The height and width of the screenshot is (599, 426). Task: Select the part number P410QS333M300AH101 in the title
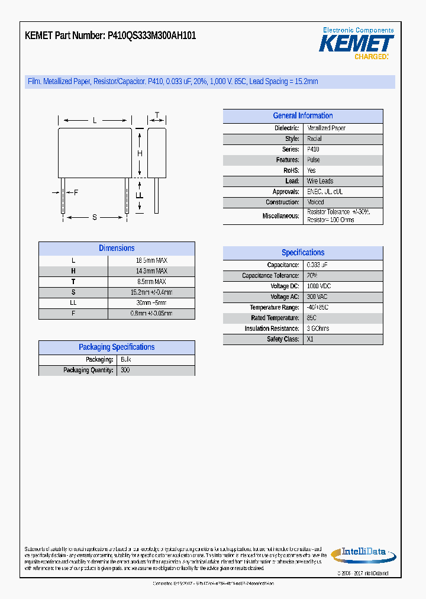tap(151, 36)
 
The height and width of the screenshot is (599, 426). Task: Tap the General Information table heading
tap(302, 116)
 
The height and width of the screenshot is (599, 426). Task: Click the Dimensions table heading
tap(117, 249)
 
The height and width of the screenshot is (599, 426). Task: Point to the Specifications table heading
tap(302, 253)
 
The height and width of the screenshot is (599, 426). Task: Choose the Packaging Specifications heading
tap(117, 347)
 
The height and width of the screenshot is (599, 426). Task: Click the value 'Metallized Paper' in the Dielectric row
tap(326, 128)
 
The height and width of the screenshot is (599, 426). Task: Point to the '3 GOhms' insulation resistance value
tap(318, 329)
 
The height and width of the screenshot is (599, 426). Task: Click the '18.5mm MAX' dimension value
tap(151, 260)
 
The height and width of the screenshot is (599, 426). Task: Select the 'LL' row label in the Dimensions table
tap(73, 303)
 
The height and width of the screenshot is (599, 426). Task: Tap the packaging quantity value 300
tap(125, 371)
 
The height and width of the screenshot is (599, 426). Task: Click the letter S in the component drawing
tap(95, 217)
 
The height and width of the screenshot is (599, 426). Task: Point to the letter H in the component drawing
tap(140, 154)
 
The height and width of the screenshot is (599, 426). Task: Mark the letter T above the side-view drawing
tap(157, 115)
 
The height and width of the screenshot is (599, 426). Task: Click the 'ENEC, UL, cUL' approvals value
tap(324, 192)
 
